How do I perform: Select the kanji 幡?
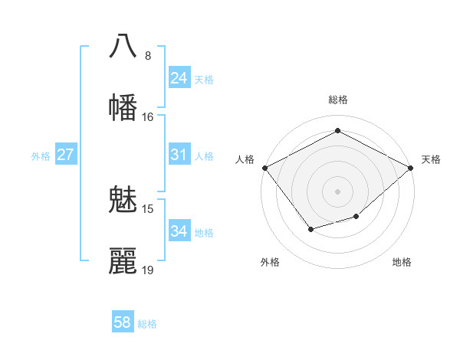point(123,107)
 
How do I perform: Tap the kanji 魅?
point(123,201)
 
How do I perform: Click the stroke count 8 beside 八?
point(148,56)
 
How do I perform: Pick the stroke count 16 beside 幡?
point(148,117)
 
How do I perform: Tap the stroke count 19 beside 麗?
point(148,270)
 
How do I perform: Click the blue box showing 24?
point(179,78)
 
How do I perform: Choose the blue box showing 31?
point(179,155)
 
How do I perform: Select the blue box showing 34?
point(179,231)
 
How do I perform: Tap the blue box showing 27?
point(66,155)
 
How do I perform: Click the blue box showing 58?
point(123,323)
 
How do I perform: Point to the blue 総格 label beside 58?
point(147,324)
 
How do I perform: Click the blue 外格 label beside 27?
point(41,156)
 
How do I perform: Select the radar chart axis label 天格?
point(431,159)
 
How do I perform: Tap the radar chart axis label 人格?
point(245,159)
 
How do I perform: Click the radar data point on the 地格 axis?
point(356,218)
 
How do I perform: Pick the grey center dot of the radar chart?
point(337,191)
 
